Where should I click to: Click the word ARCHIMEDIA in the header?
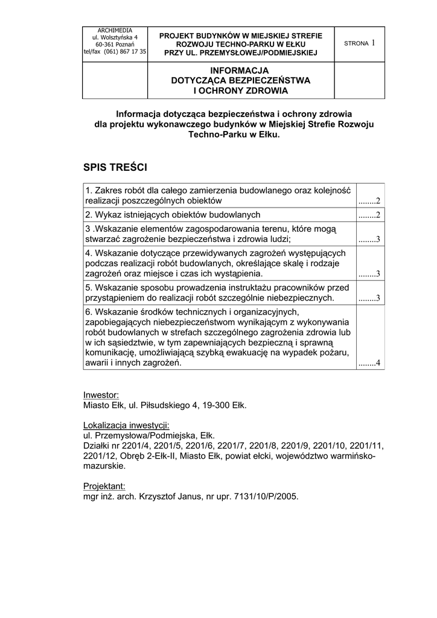(x=115, y=30)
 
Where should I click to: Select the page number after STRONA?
(x=374, y=42)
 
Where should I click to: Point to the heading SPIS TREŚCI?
(x=115, y=166)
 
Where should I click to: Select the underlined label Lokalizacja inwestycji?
(x=126, y=424)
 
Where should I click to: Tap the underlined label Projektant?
(x=104, y=486)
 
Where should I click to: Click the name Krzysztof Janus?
(x=168, y=497)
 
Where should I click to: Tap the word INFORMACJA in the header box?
(x=239, y=70)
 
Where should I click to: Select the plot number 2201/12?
(x=100, y=456)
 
